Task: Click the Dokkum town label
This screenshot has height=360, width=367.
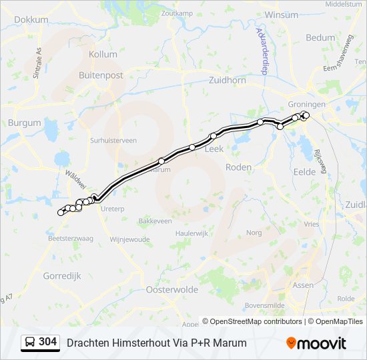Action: coord(31,19)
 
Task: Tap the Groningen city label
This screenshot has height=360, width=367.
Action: coord(307,105)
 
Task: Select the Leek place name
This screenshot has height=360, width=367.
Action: coord(214,149)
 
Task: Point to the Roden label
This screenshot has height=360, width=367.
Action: coord(239,167)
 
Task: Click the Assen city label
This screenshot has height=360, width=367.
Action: coord(304,285)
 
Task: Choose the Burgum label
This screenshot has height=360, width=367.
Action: coord(25,123)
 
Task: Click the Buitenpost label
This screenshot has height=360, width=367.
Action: coord(101,75)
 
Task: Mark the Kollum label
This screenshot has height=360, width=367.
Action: coord(103,54)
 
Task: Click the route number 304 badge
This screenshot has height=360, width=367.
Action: coord(47,342)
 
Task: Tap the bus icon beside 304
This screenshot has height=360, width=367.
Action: coord(31,343)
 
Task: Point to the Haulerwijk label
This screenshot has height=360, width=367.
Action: coord(192,233)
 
